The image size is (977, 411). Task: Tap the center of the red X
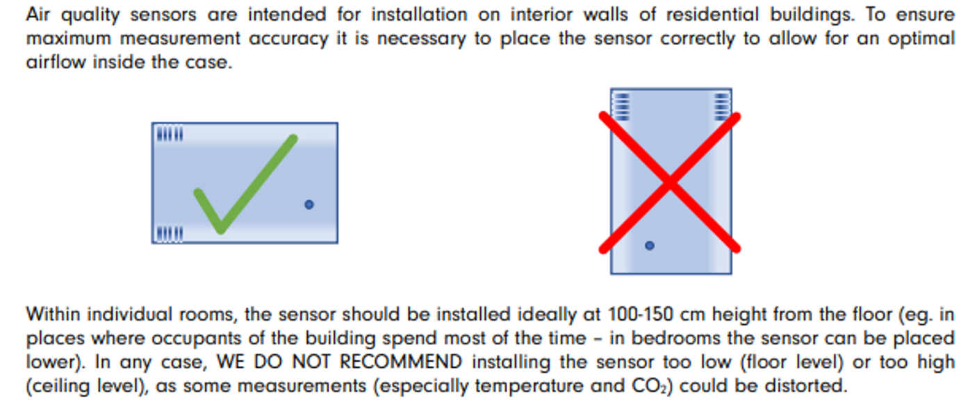(669, 183)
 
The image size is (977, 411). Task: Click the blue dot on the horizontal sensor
(309, 204)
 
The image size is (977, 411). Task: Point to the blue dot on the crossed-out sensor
(650, 246)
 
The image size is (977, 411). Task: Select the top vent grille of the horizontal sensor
(170, 134)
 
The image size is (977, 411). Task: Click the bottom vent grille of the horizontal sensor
(170, 234)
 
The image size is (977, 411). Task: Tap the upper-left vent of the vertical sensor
(621, 106)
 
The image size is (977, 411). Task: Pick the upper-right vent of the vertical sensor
(722, 106)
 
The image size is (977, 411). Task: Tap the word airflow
(56, 62)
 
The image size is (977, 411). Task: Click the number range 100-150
(640, 314)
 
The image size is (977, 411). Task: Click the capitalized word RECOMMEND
(401, 362)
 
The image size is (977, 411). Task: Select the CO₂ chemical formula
(649, 387)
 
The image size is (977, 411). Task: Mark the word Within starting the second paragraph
(54, 314)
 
